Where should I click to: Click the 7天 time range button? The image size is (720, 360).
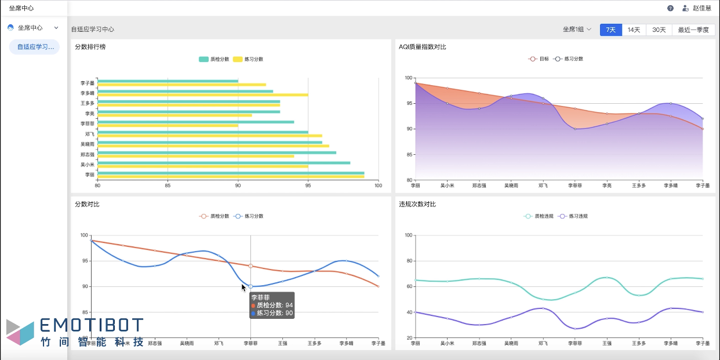tap(611, 30)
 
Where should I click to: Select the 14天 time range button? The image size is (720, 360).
tap(634, 30)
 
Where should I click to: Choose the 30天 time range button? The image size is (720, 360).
tap(659, 30)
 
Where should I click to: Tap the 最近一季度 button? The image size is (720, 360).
tap(693, 30)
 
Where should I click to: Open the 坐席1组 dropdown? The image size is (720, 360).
tap(577, 30)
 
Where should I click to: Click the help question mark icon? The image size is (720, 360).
tap(670, 8)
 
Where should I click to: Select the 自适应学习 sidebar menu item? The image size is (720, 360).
tap(35, 47)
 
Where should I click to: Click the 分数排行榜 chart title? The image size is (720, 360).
tap(90, 47)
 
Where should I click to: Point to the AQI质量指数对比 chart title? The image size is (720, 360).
tap(423, 47)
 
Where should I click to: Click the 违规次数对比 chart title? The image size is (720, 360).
tap(417, 204)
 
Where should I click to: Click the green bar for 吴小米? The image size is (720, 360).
tap(223, 163)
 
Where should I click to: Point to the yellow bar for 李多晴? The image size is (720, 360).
tap(203, 95)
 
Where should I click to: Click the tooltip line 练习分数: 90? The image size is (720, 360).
tap(272, 313)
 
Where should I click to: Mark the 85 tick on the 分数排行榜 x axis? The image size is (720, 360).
tap(168, 186)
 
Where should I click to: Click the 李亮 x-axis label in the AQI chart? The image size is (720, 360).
tap(607, 186)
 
